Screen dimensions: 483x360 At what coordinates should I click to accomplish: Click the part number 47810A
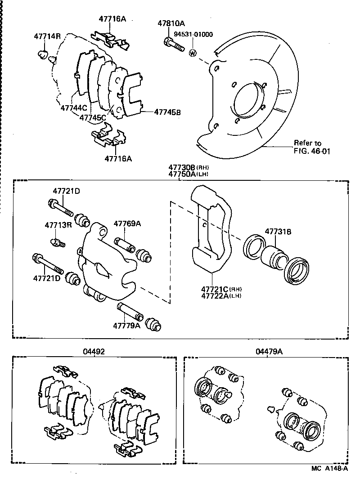click(171, 23)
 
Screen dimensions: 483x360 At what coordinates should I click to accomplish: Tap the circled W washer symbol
click(193, 54)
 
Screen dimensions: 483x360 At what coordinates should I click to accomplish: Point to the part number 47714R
click(47, 36)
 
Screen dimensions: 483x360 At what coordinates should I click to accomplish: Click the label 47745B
click(167, 112)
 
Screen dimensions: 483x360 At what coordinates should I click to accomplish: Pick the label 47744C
click(73, 108)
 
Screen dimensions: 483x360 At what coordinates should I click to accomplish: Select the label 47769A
click(127, 224)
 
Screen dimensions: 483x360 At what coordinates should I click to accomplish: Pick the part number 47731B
click(278, 232)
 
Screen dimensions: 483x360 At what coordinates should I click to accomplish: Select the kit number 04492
click(94, 352)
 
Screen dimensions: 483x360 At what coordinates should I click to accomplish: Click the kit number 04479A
click(269, 352)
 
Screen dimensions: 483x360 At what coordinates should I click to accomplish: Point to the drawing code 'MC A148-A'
click(329, 469)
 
